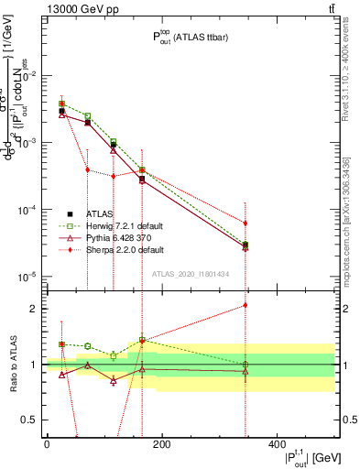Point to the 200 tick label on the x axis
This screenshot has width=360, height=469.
point(161,443)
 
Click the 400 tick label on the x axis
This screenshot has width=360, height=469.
point(277,443)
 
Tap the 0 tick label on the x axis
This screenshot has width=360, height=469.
point(47,443)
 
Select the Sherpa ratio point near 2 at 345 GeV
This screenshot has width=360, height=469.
point(245,305)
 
